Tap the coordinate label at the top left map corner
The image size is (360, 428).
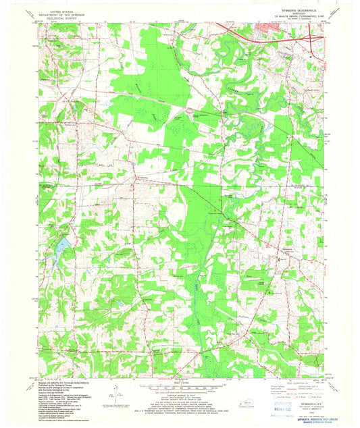(x=43, y=26)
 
